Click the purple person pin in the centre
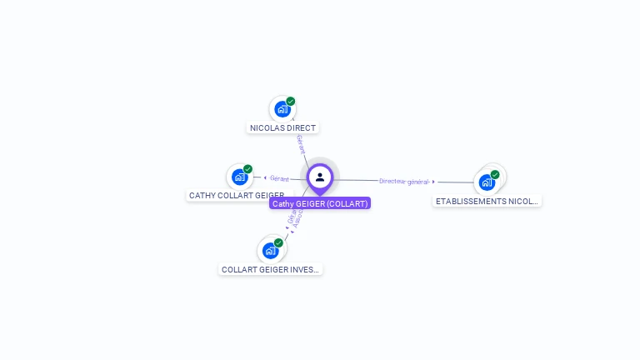320,177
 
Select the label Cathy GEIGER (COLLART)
320,203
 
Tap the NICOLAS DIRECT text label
282,128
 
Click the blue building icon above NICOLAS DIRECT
282,109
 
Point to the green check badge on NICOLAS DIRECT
291,102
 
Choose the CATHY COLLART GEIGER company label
237,196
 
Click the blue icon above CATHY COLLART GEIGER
240,177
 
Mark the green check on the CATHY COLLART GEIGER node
247,169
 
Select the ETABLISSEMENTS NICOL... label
487,201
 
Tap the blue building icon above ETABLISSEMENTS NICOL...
487,182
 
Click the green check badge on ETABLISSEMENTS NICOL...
495,175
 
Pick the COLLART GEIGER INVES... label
270,269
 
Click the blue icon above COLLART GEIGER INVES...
270,250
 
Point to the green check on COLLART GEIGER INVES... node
278,242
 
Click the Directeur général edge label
403,181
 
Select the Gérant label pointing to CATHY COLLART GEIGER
279,178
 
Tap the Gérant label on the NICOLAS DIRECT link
300,144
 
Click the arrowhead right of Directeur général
434,182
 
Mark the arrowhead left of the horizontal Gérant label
264,177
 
